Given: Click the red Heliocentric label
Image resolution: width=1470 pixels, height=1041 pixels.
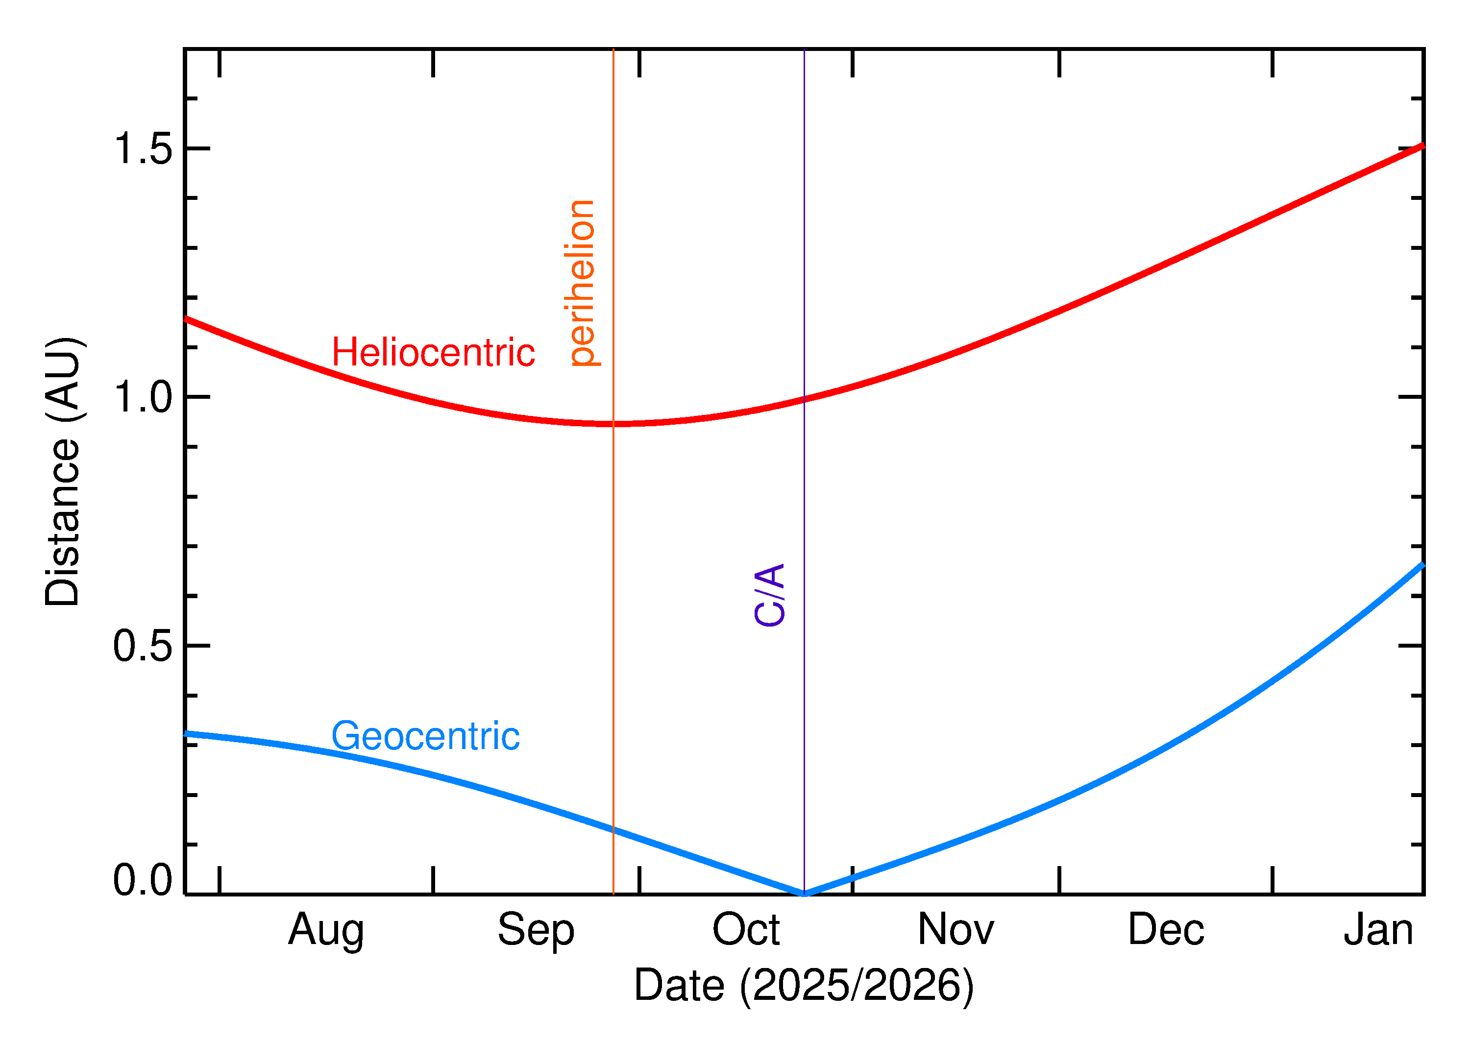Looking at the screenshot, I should [x=433, y=353].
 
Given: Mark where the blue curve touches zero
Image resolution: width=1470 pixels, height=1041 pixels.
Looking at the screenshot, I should [x=804, y=893].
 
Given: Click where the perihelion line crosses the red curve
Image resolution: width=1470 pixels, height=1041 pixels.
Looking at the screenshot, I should [x=613, y=424].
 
